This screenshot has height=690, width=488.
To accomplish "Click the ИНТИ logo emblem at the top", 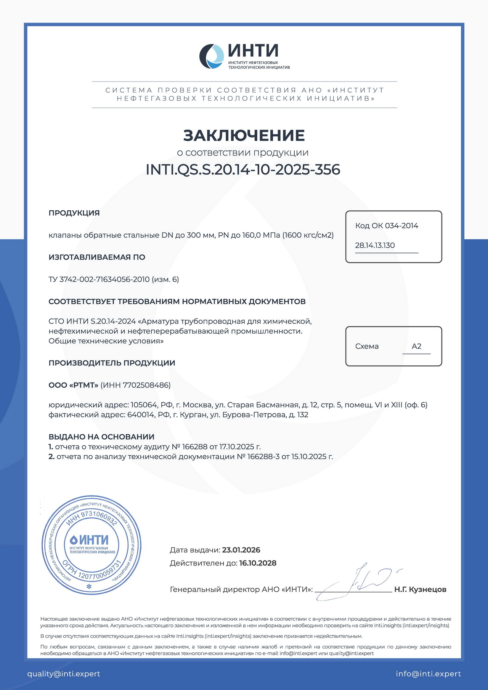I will [212, 56].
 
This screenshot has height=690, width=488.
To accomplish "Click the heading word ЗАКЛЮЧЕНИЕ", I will [244, 136].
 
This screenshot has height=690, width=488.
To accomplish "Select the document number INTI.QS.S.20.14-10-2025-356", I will [243, 170].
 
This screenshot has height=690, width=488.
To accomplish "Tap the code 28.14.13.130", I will [375, 245].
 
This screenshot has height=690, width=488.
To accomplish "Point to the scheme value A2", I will [416, 346].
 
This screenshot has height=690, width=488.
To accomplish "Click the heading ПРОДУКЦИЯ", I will [74, 213].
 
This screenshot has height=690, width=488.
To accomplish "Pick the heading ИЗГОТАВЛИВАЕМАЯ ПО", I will [97, 257].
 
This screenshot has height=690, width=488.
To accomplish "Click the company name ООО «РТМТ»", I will [73, 385].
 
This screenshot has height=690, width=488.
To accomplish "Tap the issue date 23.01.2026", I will [241, 550].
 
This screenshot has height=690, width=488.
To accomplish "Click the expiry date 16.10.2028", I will [258, 563].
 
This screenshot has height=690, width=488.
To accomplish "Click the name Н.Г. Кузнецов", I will [420, 589].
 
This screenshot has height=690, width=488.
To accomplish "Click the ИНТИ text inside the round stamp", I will [94, 540].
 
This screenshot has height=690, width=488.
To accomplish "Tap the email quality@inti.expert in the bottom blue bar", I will [64, 674].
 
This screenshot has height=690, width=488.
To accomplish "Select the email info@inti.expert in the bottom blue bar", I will [428, 674].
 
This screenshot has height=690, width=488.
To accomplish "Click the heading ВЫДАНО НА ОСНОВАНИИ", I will [101, 437].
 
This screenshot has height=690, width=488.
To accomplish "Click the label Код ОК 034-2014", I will [387, 226].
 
